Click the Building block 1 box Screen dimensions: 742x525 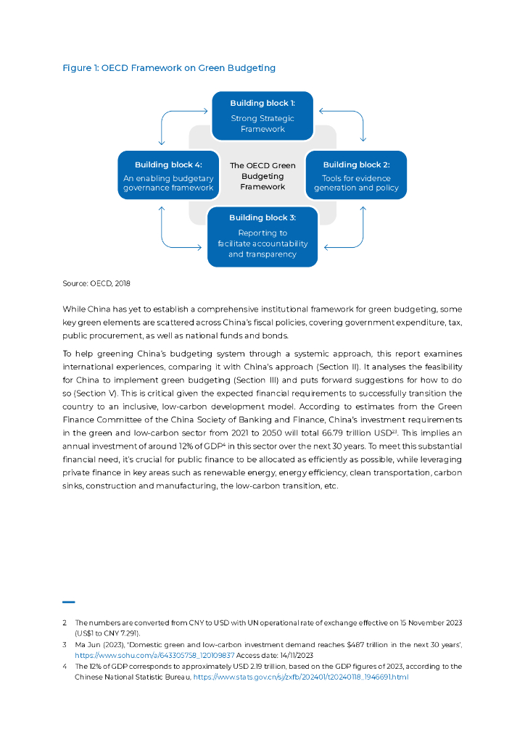tap(262, 116)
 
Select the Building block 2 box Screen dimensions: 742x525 tap(356, 175)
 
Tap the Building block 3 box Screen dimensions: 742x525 tap(262, 236)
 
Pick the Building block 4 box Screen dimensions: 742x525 tap(168, 175)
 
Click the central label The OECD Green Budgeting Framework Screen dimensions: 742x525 tap(262, 176)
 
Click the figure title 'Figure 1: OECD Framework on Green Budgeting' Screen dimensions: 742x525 tap(169, 68)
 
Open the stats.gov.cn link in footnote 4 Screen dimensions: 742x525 tap(301, 677)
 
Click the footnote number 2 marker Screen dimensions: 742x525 tap(65, 622)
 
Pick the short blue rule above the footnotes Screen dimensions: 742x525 tap(69, 601)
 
